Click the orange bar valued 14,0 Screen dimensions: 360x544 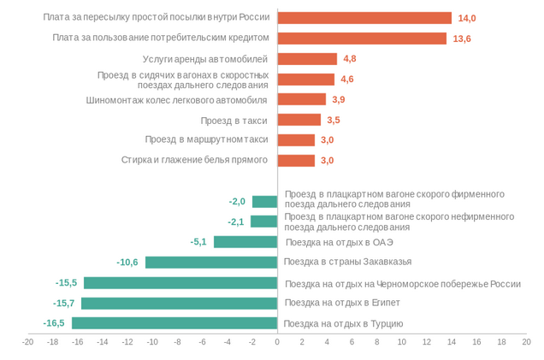[x=364, y=18]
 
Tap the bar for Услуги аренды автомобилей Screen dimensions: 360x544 [x=307, y=59]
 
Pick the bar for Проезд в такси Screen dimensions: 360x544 [x=299, y=120]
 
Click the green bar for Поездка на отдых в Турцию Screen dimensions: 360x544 [x=174, y=323]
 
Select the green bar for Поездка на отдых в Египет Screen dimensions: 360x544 [x=180, y=303]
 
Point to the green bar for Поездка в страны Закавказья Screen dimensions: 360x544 [x=211, y=263]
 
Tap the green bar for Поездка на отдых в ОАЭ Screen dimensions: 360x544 [x=245, y=242]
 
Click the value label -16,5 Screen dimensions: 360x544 [x=54, y=323]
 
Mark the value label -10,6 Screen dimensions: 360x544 [x=127, y=263]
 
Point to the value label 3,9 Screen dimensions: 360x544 [x=338, y=99]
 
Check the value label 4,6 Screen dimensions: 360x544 [x=346, y=80]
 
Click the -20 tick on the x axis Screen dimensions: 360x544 [x=27, y=342]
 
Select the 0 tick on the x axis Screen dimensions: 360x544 [x=277, y=342]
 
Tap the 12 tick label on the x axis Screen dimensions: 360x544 [x=427, y=342]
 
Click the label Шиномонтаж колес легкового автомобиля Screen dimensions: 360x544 [x=177, y=99]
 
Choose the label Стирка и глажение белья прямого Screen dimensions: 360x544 [x=194, y=160]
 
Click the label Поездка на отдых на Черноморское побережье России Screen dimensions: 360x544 [x=402, y=284]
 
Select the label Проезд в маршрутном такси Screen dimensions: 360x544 [x=206, y=139]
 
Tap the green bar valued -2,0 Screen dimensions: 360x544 [x=264, y=202]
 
